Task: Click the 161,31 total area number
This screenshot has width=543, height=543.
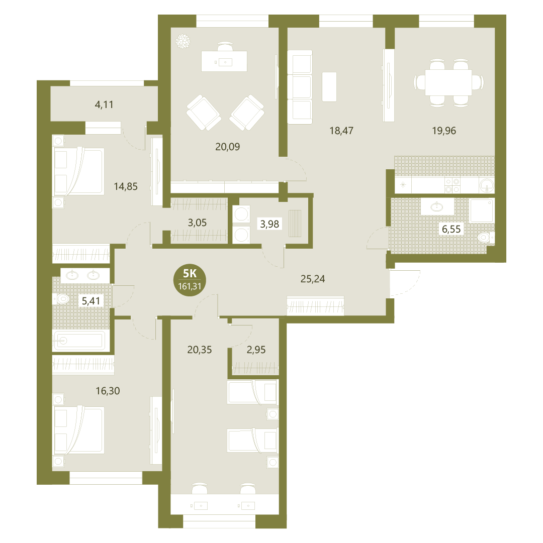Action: [x=190, y=286]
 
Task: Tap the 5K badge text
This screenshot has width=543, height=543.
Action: [x=190, y=274]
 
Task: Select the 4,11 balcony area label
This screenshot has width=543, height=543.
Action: [x=104, y=104]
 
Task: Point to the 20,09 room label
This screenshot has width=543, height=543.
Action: [x=227, y=147]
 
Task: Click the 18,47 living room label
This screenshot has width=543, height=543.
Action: [x=341, y=131]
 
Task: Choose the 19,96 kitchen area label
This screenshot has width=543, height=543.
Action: [x=444, y=131]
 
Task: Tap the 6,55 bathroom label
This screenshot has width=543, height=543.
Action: [x=451, y=229]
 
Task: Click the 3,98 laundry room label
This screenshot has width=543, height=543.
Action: [x=269, y=224]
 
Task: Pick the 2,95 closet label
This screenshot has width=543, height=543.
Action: [x=256, y=350]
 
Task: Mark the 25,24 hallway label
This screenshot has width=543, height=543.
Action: [x=313, y=279]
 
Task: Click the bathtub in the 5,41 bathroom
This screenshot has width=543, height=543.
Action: [x=78, y=341]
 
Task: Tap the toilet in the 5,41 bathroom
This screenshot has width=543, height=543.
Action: [x=61, y=298]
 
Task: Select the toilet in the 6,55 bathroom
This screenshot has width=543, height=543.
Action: [x=486, y=238]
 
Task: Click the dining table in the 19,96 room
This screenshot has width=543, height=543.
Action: [x=448, y=82]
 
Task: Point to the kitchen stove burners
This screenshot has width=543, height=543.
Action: [x=452, y=185]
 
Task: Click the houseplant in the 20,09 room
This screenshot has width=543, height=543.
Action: [x=183, y=42]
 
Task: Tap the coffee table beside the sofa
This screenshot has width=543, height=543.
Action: [x=329, y=86]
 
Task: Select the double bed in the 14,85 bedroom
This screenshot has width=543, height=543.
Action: [x=78, y=172]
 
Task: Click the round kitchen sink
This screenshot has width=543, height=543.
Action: [x=487, y=186]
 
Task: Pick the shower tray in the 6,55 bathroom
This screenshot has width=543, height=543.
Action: [x=481, y=210]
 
